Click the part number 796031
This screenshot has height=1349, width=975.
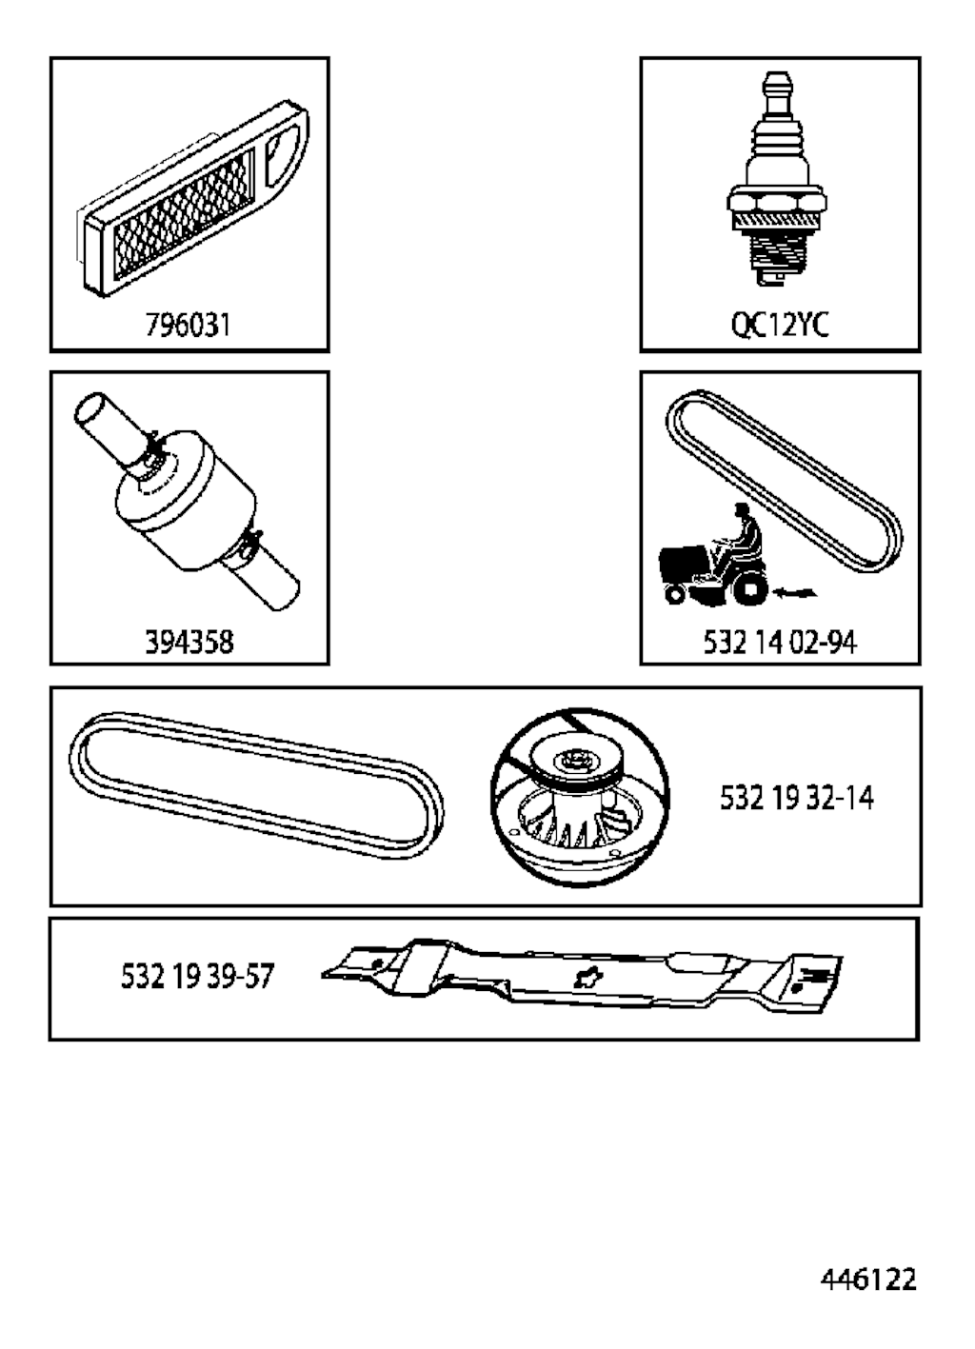pos(189,326)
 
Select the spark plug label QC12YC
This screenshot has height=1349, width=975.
pos(780,326)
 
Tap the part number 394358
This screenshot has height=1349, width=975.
pos(189,642)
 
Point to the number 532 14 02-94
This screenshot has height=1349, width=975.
pos(780,642)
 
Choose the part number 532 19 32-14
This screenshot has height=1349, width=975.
pos(796,799)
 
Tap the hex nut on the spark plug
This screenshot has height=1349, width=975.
pos(777,201)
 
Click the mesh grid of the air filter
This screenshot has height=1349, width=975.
pos(184,214)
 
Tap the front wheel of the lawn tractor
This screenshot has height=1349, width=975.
pos(676,595)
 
